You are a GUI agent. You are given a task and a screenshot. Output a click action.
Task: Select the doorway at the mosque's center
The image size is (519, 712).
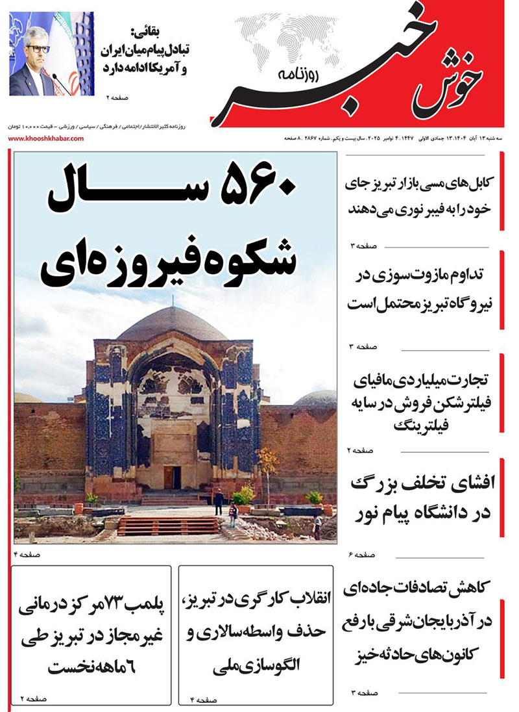pos(173,477)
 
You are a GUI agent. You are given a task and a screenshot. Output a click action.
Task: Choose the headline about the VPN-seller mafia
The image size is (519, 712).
pos(421,401)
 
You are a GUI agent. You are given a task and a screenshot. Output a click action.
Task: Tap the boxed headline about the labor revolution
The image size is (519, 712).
pos(256,631)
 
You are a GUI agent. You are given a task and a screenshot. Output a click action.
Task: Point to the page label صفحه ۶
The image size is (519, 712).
pos(363,555)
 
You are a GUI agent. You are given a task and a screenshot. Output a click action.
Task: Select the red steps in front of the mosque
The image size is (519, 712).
pos(168,526)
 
